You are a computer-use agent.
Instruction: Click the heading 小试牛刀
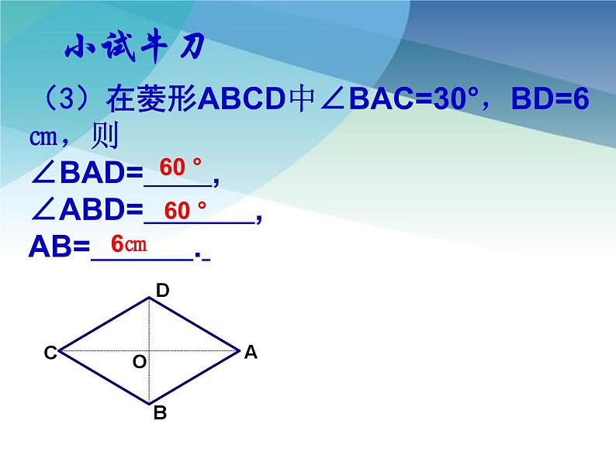click(133, 49)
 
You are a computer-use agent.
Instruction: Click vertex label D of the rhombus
click(163, 291)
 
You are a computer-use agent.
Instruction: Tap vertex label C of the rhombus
click(50, 353)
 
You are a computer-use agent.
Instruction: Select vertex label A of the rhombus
click(250, 352)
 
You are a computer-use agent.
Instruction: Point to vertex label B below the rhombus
click(160, 413)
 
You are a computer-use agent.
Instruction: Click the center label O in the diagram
click(140, 361)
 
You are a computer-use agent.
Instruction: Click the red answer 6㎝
click(129, 244)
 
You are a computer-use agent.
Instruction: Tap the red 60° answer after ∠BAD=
click(180, 167)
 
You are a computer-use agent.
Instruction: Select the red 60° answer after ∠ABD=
click(186, 210)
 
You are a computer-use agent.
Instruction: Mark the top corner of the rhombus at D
click(150, 298)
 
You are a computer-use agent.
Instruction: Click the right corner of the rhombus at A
click(238, 350)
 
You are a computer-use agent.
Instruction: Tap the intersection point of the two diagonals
click(150, 350)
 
